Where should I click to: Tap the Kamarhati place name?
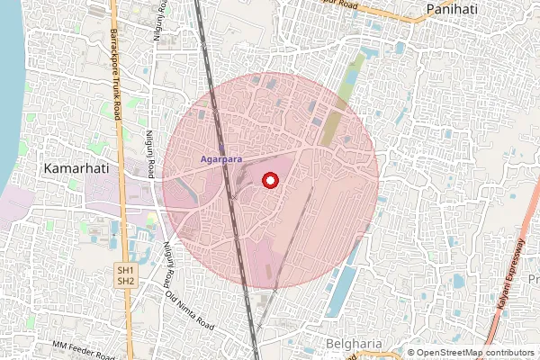coord(78,168)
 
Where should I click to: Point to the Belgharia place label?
coord(354,344)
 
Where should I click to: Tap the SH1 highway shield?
coord(126,270)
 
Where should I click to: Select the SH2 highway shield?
coord(126,282)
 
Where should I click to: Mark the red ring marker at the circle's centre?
coord(269,181)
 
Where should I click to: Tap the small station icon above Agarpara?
coord(221,148)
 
